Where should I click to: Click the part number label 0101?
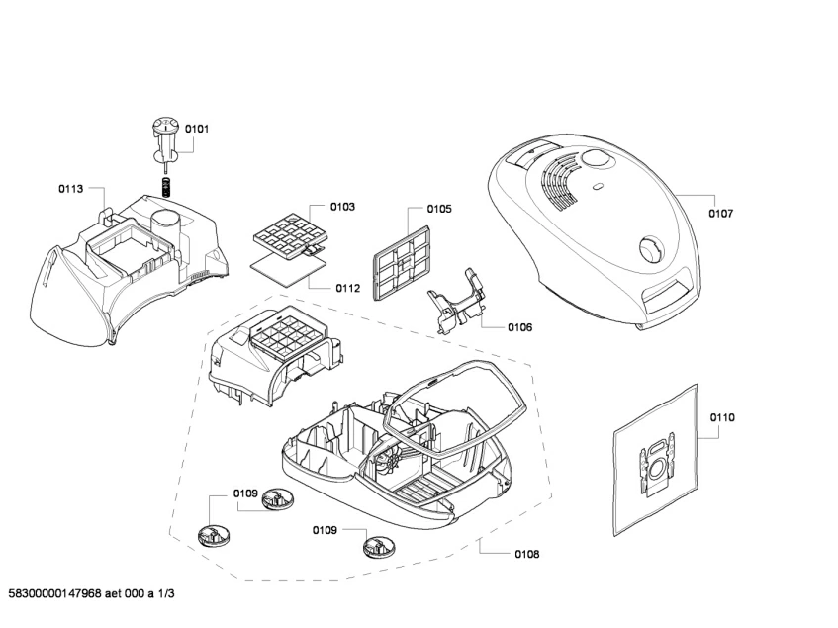(197, 129)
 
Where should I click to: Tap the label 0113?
(70, 187)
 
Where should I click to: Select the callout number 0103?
(343, 207)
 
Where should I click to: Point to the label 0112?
(347, 289)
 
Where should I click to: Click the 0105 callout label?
(439, 209)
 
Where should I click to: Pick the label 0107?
(721, 213)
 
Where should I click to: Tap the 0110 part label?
(722, 418)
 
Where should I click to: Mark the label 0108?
(526, 554)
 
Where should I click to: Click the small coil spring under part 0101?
(167, 184)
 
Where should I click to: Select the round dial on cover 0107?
(651, 247)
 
